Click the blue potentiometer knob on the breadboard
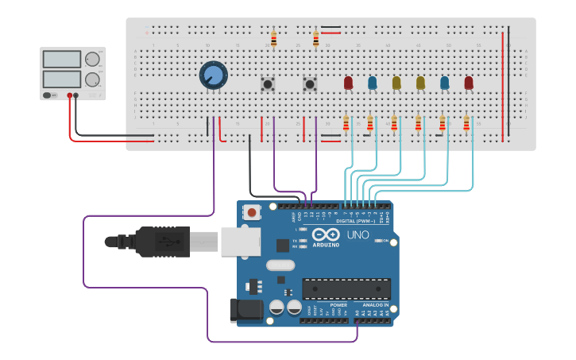(x=213, y=75)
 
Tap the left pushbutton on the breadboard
(x=269, y=83)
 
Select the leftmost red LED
(x=348, y=82)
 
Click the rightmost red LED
(x=469, y=82)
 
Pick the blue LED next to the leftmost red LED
(x=372, y=82)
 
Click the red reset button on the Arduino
(x=253, y=212)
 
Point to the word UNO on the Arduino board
(x=358, y=235)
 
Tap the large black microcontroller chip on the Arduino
(x=346, y=288)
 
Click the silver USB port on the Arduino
(x=241, y=242)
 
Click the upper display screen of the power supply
(x=62, y=60)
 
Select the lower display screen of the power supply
(x=62, y=79)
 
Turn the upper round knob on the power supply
(x=93, y=60)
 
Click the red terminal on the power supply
(x=69, y=95)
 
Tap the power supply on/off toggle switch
(x=49, y=95)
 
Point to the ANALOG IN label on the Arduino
(x=376, y=305)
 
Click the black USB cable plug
(x=163, y=242)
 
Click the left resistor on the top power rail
(x=273, y=38)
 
